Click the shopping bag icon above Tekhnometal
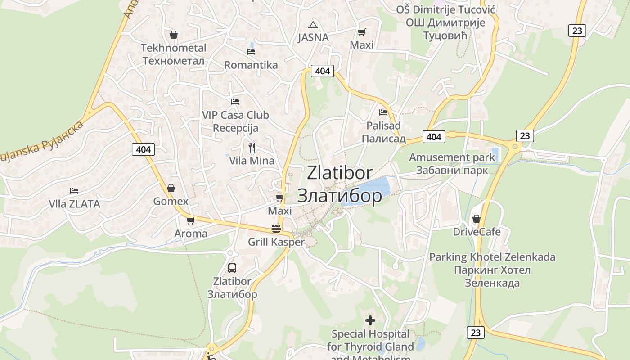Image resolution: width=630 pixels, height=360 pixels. (173, 35)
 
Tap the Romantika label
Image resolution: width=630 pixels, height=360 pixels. (251, 65)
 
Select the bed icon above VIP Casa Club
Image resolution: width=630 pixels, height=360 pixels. (235, 101)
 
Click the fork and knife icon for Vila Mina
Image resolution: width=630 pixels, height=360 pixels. (252, 147)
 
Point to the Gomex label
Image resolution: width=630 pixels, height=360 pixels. (171, 201)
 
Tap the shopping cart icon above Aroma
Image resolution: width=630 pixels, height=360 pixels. (190, 220)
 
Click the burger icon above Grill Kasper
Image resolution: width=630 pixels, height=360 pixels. (276, 229)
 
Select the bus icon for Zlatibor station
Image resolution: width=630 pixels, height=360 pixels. (232, 268)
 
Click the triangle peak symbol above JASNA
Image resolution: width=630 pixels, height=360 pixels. (313, 24)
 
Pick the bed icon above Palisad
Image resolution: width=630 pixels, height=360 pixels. (383, 112)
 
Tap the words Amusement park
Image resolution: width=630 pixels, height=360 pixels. (452, 157)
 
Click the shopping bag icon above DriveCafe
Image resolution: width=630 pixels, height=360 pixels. (476, 219)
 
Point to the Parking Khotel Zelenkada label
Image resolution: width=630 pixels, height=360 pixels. (492, 257)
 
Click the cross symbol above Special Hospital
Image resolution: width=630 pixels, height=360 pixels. (370, 320)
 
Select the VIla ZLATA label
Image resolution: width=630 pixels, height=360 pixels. (74, 204)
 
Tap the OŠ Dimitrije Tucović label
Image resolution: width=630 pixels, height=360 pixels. (445, 9)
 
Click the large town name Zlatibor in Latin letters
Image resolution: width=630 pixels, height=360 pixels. (340, 173)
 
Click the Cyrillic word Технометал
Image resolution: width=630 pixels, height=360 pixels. (173, 61)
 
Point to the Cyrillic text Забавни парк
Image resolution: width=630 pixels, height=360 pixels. (452, 171)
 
